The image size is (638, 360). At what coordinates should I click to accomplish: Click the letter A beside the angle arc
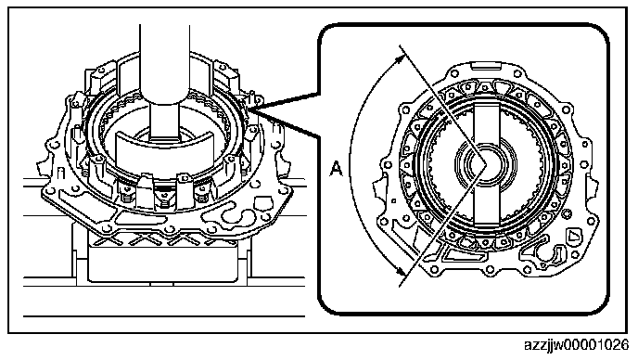coord(336,169)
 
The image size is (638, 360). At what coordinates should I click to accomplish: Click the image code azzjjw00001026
coord(576,345)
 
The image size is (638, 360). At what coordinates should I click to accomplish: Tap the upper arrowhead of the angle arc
coord(401,59)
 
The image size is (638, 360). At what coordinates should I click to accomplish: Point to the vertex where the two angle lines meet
coord(486,163)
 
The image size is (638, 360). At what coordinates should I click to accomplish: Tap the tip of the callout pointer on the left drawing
coord(248,110)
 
